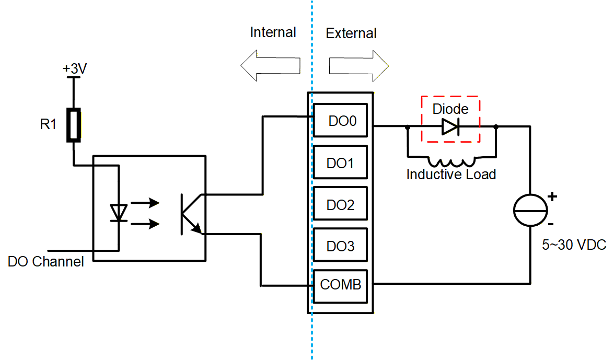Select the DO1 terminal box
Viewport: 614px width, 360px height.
pos(341,163)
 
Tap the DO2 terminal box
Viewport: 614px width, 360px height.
pos(341,205)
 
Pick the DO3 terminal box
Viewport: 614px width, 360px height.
pos(341,246)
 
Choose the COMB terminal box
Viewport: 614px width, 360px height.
pos(341,285)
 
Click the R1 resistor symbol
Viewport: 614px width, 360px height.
pos(74,125)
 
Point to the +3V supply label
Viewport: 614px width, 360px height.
pos(74,69)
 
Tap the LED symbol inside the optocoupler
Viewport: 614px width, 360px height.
pos(120,213)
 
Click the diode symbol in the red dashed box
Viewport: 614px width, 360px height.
pos(450,126)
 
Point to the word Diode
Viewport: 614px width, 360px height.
pos(450,109)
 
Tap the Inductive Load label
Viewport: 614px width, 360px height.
pos(451,174)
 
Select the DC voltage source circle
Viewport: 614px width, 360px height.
pos(530,210)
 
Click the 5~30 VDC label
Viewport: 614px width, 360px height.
pos(574,245)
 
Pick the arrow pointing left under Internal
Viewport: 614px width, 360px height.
pos(271,66)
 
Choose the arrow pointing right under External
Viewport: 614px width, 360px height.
pos(359,66)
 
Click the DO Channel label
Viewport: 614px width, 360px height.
pos(46,261)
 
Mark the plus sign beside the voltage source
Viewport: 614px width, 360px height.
pos(552,197)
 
